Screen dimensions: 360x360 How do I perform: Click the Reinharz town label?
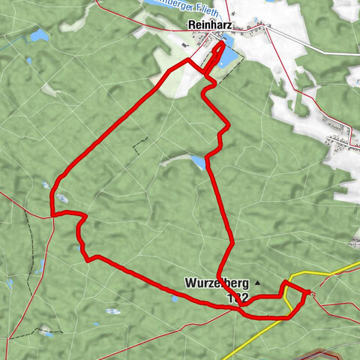pos(207,25)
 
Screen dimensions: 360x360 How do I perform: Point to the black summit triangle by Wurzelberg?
pos(257,283)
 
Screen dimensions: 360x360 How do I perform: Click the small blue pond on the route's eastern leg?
pos(198,162)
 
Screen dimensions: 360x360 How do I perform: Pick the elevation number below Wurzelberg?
pos(237,298)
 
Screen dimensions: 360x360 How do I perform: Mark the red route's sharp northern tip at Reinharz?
pos(223,43)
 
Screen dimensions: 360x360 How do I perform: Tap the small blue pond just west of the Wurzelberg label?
pos(175,298)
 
